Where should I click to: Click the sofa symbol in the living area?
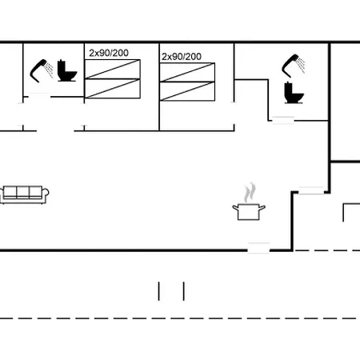tap(24, 194)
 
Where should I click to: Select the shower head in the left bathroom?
tap(41, 70)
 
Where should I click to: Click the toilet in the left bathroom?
tap(67, 70)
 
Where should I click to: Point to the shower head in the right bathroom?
tap(293, 66)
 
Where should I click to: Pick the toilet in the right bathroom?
tap(294, 92)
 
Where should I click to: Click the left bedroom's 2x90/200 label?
tap(109, 53)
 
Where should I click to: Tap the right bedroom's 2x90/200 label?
tap(182, 57)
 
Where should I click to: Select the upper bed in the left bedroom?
tap(113, 70)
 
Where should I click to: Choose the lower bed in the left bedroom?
tap(113, 89)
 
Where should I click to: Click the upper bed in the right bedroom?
tap(187, 73)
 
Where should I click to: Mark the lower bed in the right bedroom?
tap(187, 91)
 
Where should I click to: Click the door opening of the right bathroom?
tap(283, 120)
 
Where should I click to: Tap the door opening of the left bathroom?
tap(39, 96)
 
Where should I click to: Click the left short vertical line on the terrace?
tap(159, 291)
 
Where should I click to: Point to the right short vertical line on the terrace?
tap(184, 291)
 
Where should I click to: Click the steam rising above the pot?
tap(250, 193)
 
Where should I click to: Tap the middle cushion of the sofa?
tap(23, 191)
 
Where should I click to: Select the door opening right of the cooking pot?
tap(311, 190)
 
